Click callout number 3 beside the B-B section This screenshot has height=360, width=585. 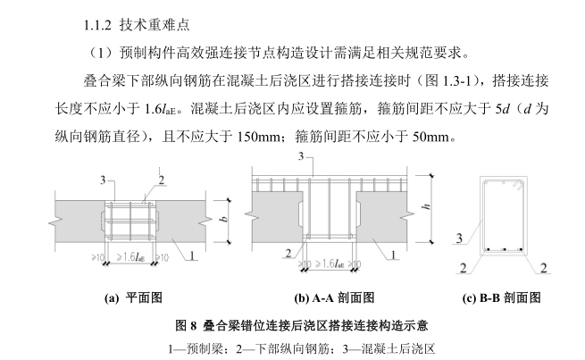[458, 238]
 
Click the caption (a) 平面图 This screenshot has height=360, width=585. [132, 296]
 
